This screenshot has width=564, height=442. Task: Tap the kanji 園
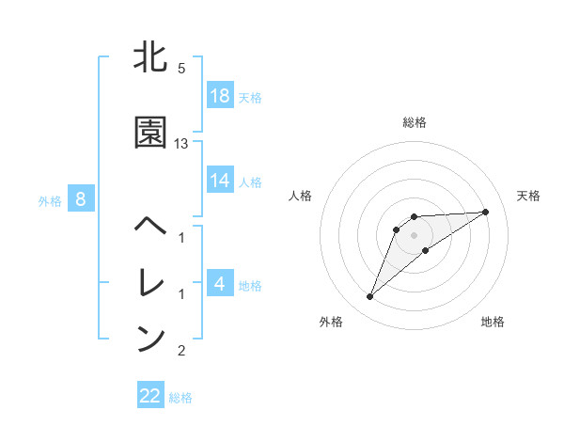point(151,133)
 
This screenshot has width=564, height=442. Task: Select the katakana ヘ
point(151,227)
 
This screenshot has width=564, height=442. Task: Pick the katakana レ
point(151,281)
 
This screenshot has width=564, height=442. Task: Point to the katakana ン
point(151,339)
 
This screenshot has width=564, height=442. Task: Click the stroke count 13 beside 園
point(181,144)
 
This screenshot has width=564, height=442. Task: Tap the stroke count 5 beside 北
point(181,68)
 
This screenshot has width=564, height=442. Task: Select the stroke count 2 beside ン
point(181,351)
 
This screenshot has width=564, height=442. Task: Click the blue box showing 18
point(220,95)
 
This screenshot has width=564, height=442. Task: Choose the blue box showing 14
point(220,180)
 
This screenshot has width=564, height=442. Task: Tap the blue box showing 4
point(220,282)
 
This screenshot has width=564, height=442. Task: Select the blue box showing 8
point(81,198)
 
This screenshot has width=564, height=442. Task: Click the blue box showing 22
point(150,396)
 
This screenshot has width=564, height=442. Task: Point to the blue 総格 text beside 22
point(180,398)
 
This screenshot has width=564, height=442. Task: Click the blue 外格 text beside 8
point(50,200)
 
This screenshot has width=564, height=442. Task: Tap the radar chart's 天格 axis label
point(529,196)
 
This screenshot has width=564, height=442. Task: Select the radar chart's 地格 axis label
point(493,322)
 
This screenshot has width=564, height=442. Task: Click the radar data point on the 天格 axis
point(486,212)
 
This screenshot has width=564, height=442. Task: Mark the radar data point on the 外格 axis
point(370,297)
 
